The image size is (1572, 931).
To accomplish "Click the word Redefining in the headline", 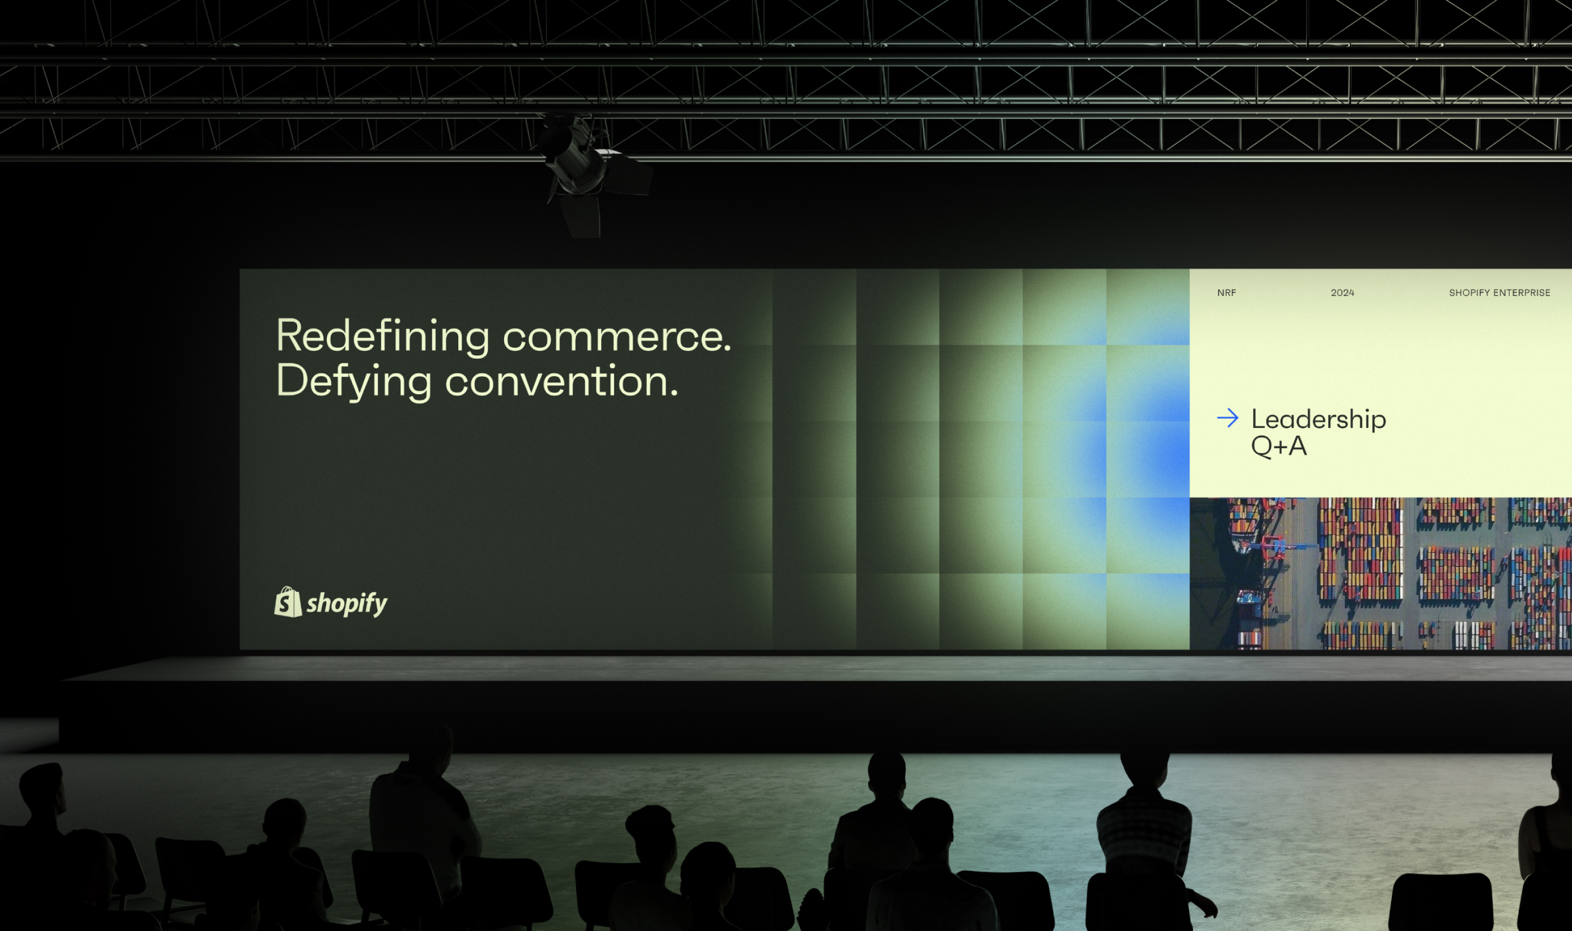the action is [383, 337].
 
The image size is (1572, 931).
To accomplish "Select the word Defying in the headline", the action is [354, 382].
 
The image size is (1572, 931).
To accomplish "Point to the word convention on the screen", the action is [561, 381].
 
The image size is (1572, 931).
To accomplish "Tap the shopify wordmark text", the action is [347, 604].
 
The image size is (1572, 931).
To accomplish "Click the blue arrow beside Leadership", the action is [1228, 418].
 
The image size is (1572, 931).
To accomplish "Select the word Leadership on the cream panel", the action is [1319, 418].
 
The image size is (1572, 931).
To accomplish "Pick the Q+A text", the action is [1278, 446].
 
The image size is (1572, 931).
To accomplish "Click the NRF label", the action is [1226, 293].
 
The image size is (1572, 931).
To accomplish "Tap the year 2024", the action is [1342, 293].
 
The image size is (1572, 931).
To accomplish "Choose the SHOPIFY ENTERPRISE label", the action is [1499, 293].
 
